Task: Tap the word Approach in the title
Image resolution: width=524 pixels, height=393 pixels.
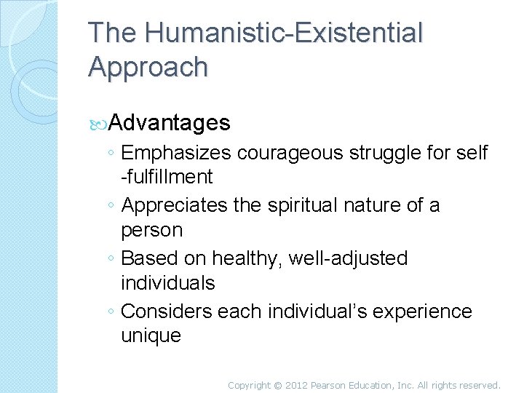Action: coord(148,67)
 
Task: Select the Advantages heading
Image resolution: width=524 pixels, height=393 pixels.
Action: coord(170,122)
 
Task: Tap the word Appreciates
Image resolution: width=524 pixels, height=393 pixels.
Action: coord(175,207)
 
